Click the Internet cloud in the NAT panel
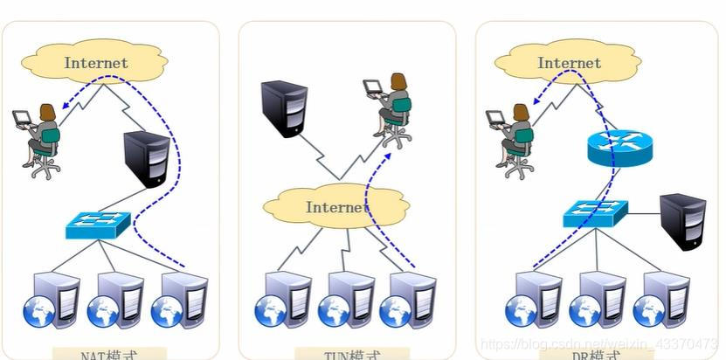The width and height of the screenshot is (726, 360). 95,62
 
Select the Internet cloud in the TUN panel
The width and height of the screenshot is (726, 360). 336,207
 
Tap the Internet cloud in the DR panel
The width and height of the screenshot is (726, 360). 569,62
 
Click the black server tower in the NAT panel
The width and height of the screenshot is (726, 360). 144,158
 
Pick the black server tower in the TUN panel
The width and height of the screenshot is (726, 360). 284,108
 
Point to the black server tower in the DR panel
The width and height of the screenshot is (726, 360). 682,222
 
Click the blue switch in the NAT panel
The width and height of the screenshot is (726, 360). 98,225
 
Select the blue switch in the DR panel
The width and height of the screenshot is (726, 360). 595,212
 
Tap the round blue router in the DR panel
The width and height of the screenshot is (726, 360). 619,147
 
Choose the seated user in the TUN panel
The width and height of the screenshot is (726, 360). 391,108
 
